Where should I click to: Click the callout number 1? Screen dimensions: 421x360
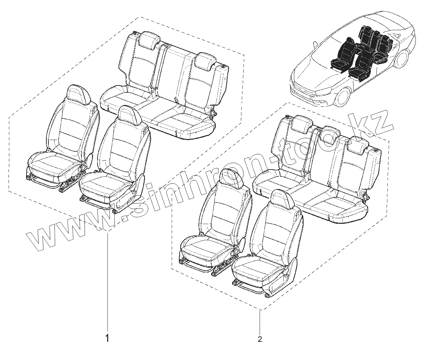pyautogui.click(x=107, y=338)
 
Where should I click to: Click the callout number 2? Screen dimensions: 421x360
pyautogui.click(x=260, y=339)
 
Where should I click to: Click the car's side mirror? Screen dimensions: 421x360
pyautogui.click(x=314, y=44)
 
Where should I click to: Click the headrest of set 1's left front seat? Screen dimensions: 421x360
pyautogui.click(x=79, y=93)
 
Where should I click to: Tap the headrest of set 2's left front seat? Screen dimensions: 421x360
pyautogui.click(x=233, y=178)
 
